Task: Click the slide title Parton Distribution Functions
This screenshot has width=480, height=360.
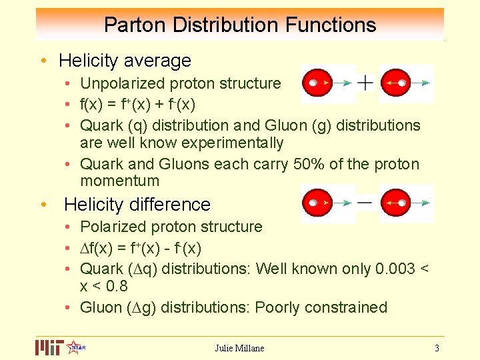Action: tap(240, 25)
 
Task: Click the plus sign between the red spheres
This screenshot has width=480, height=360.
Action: tap(365, 83)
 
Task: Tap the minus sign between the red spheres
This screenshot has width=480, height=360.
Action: tap(365, 202)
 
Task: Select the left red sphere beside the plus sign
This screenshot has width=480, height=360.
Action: tap(319, 83)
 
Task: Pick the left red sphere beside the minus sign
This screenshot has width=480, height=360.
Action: tap(319, 203)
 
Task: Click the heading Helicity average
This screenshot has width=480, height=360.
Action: tap(125, 61)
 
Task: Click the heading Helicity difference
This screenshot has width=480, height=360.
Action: tap(137, 204)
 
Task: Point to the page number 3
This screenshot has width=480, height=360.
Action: tap(437, 348)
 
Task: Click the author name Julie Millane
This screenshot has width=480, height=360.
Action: tap(239, 348)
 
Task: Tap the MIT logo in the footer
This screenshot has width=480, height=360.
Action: tap(49, 347)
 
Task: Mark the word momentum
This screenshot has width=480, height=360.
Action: tap(119, 181)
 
